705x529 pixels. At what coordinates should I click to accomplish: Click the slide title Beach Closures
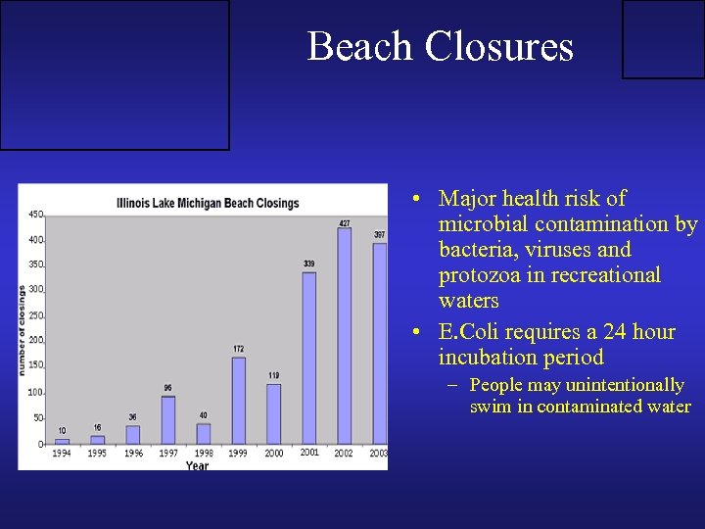[x=440, y=46]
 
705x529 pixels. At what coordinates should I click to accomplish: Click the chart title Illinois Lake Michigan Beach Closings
[x=208, y=203]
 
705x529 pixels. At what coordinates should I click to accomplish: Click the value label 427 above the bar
[x=344, y=222]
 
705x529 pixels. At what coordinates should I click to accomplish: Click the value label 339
[x=308, y=264]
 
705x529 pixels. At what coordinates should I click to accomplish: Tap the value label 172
[x=239, y=349]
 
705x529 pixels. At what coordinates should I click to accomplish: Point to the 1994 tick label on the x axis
[x=62, y=454]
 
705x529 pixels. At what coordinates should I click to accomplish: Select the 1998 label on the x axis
[x=203, y=454]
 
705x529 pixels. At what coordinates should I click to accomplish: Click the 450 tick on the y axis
[x=35, y=215]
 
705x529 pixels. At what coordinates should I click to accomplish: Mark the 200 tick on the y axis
[x=35, y=341]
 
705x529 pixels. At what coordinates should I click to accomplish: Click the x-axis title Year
[x=197, y=465]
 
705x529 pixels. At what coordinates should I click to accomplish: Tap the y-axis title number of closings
[x=23, y=330]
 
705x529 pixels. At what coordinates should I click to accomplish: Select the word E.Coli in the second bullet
[x=471, y=332]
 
